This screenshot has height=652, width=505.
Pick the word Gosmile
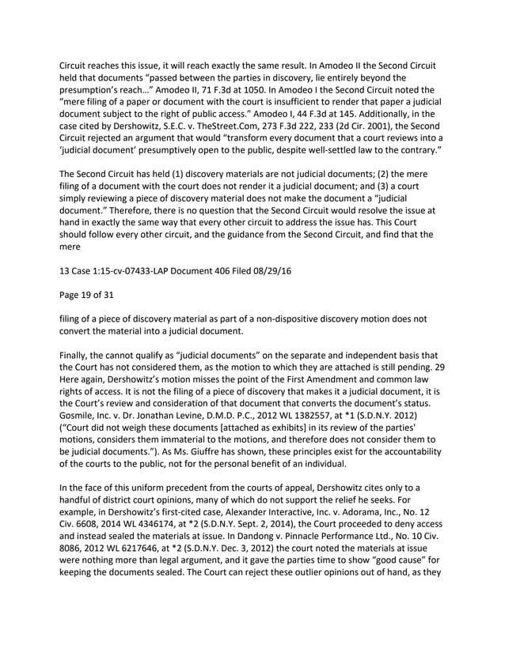79,416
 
